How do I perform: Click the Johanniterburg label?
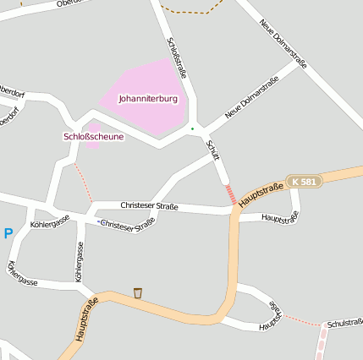point(148,99)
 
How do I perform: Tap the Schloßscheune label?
point(93,136)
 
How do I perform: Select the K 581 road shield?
point(304,182)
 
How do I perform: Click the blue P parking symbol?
point(8,234)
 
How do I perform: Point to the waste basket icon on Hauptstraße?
point(137,293)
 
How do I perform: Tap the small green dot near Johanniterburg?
point(192,128)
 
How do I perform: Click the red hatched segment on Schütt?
point(230,194)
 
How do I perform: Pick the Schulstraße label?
point(344,322)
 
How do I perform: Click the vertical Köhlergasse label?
point(80,262)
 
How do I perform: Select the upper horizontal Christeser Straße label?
point(149,206)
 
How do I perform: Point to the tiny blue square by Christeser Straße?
point(98,222)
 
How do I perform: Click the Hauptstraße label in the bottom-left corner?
point(87,319)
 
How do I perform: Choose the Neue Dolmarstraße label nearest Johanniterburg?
point(252,97)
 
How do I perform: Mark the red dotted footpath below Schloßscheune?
point(82,182)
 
